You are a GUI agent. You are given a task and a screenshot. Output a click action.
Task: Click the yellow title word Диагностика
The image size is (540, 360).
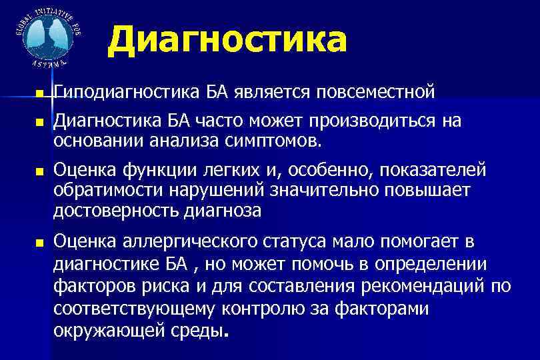227,41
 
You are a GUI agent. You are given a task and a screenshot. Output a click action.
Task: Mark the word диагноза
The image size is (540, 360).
222,211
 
